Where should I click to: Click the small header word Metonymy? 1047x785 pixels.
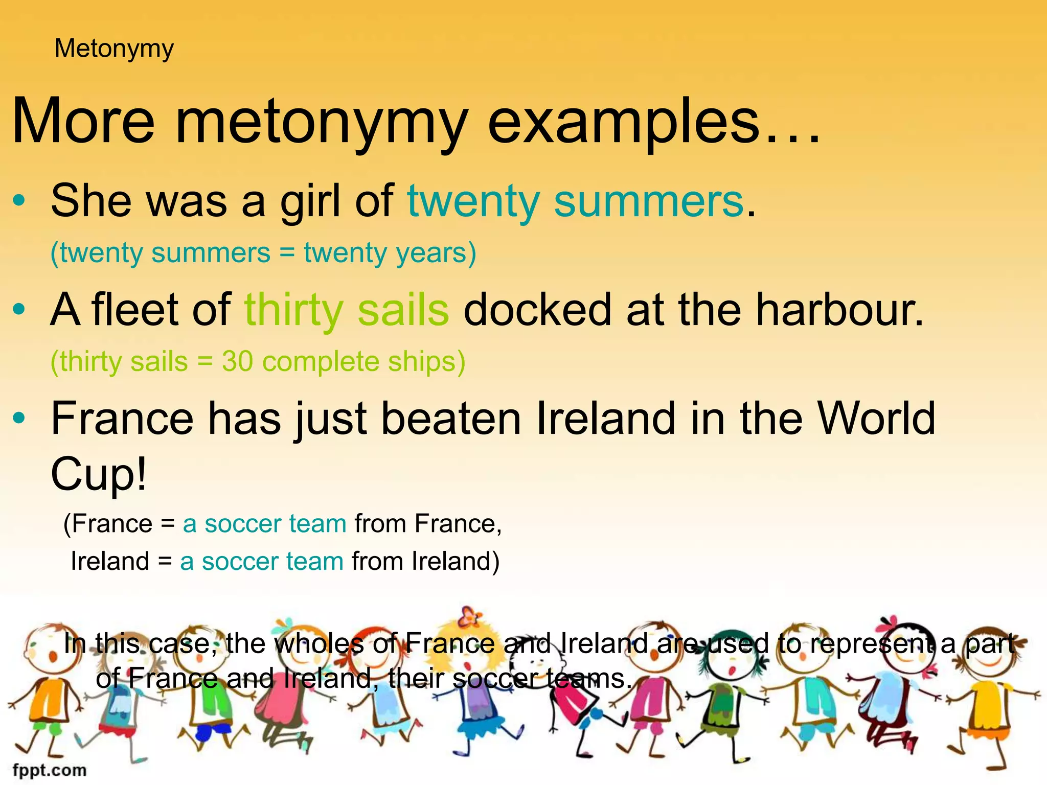114,49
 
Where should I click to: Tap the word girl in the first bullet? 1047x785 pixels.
310,201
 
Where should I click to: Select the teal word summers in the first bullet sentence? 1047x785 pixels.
649,201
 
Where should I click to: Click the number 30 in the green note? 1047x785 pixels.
237,361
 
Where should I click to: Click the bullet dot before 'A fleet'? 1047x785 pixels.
19,309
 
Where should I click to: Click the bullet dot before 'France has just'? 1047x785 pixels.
19,418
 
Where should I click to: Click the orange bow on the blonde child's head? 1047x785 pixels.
469,617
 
